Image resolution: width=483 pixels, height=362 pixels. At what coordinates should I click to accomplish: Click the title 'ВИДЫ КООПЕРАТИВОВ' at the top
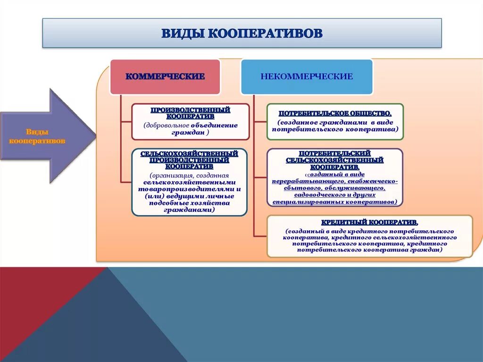(x=242, y=33)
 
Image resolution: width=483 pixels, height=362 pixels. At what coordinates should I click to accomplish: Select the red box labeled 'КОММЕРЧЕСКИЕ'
(x=165, y=76)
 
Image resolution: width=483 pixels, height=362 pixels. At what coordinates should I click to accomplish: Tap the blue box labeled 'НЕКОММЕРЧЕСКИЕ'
(x=306, y=76)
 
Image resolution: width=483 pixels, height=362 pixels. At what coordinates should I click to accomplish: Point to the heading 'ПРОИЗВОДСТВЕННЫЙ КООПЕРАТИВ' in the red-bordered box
(x=190, y=113)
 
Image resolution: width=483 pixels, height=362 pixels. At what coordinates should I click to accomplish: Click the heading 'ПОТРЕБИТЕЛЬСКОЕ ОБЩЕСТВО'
(x=334, y=114)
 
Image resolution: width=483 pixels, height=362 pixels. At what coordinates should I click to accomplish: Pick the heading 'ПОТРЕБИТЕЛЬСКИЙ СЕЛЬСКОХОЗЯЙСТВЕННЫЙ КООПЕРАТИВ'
(x=334, y=160)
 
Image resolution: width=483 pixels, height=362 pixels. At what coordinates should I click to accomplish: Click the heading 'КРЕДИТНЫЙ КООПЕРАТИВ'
(x=369, y=222)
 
